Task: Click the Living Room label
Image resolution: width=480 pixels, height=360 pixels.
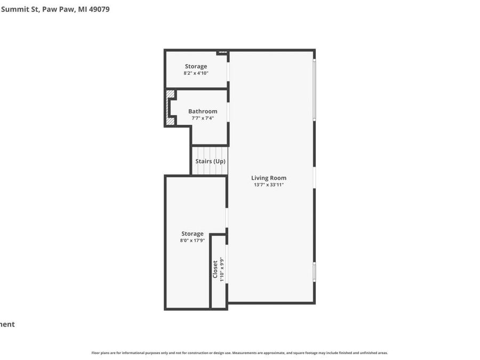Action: pos(269,178)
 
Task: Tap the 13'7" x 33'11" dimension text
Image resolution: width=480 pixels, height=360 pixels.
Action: pos(269,185)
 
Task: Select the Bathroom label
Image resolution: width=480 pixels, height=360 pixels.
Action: pos(203,111)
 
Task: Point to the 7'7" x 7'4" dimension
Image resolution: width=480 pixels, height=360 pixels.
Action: pos(203,118)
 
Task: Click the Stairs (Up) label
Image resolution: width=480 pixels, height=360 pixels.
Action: pos(210,161)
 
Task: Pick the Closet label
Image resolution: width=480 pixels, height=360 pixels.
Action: pos(215,269)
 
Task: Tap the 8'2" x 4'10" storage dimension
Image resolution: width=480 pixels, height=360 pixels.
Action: pos(196,73)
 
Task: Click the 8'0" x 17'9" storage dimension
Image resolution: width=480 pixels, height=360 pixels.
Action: pos(193,241)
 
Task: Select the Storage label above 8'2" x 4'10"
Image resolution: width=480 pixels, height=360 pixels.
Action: pos(196,67)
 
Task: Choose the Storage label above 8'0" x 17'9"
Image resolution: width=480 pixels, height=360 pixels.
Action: pos(193,234)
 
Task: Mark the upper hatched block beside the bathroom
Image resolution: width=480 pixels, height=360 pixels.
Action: pos(170,94)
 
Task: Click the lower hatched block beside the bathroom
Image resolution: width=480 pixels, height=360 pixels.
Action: pos(170,121)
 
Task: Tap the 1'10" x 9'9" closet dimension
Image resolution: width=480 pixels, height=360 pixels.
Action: pos(222,270)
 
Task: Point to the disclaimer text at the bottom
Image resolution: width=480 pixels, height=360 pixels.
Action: pos(239,353)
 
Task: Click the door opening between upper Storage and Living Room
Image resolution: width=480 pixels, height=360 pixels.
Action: pos(228,71)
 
